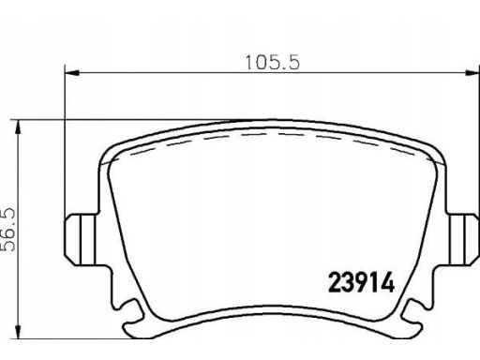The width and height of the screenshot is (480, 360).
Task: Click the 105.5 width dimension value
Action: (273, 63)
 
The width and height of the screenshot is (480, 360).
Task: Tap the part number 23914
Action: (361, 282)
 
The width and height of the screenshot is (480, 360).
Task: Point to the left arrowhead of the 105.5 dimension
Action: (72, 73)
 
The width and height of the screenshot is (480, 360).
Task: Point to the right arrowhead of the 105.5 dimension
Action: (472, 73)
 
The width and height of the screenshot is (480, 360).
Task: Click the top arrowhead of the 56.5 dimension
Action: (18, 127)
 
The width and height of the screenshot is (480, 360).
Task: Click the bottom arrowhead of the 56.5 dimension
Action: (18, 331)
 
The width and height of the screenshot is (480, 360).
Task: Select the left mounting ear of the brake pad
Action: (82, 239)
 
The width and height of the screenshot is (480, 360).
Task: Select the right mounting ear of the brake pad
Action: (463, 239)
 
